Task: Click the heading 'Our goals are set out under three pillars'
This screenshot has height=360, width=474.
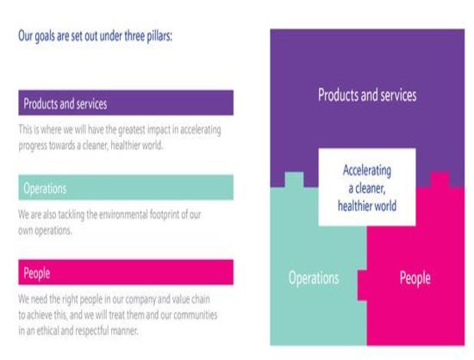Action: [95, 36]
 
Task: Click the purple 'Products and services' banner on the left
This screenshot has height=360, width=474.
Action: [126, 103]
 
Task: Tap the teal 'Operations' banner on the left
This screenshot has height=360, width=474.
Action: [126, 188]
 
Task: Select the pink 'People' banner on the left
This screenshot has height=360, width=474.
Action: [126, 272]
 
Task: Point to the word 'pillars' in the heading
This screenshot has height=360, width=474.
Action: [159, 36]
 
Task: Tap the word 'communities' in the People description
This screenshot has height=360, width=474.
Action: [196, 314]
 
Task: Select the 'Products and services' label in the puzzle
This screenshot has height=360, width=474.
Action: [367, 95]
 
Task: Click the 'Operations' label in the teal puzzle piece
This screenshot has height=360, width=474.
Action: [314, 278]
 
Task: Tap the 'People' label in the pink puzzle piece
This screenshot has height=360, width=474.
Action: [415, 277]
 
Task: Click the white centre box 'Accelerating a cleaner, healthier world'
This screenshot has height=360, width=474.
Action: [367, 187]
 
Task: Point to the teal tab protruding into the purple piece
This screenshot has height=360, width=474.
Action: [294, 180]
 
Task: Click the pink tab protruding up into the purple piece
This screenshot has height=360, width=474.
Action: [440, 180]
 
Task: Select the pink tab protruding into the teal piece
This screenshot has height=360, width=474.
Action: [362, 285]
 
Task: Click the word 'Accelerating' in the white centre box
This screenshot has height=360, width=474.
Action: [367, 171]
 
